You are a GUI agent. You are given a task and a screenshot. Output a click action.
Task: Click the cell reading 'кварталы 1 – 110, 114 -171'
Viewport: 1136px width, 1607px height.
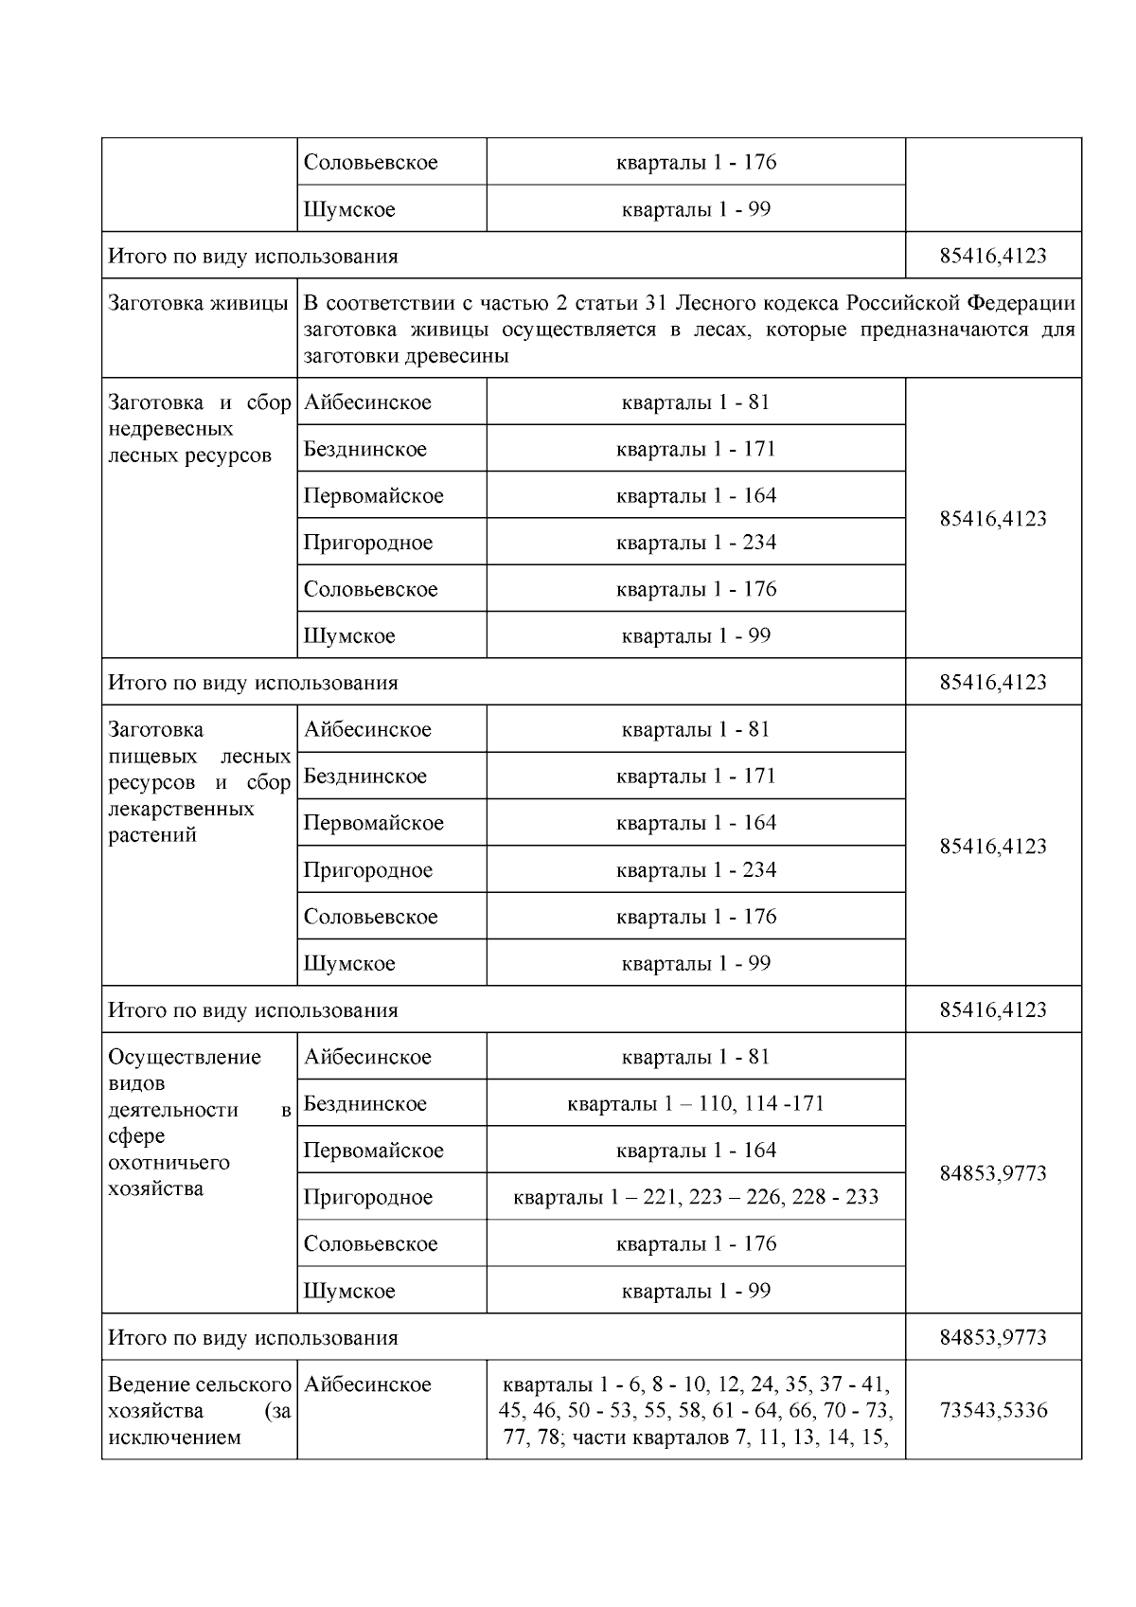pos(696,1103)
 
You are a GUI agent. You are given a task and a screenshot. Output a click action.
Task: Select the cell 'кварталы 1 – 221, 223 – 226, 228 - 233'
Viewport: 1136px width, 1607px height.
pos(696,1197)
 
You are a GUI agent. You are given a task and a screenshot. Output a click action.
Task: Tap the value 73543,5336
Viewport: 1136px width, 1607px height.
pos(993,1410)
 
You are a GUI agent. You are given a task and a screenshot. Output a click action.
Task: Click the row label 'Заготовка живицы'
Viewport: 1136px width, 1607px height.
pos(198,304)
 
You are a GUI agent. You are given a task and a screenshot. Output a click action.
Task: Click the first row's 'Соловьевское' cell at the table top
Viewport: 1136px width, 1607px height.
pos(370,162)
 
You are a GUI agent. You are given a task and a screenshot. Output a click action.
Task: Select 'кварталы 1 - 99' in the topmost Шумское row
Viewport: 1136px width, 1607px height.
pos(696,209)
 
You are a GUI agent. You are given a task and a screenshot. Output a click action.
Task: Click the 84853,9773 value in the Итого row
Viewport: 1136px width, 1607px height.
pos(993,1337)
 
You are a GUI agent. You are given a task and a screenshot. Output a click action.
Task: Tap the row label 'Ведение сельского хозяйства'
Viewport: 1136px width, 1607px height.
pos(199,1397)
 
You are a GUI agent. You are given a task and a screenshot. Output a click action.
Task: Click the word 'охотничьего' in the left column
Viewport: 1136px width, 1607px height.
pos(169,1162)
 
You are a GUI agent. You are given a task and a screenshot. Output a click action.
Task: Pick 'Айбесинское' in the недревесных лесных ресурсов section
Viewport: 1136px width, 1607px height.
pos(367,402)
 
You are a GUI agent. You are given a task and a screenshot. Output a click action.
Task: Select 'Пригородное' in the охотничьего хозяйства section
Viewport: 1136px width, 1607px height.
pos(367,1197)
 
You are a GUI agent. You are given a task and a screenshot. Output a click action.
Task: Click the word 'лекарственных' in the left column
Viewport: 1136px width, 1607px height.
pos(181,809)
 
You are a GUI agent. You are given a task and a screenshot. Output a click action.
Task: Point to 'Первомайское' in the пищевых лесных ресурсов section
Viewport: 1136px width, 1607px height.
pos(373,823)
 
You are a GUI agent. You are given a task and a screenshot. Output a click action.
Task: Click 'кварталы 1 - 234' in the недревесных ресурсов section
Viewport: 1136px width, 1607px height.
pos(696,543)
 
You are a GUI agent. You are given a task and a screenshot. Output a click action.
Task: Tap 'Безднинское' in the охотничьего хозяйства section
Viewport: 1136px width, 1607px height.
pos(365,1103)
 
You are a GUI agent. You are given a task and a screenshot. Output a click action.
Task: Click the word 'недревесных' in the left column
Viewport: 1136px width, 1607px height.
pos(170,429)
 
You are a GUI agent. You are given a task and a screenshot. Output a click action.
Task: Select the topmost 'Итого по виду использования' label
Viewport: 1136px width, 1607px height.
pos(253,257)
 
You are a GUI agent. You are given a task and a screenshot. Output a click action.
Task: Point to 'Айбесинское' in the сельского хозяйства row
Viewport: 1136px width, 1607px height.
pos(367,1384)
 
